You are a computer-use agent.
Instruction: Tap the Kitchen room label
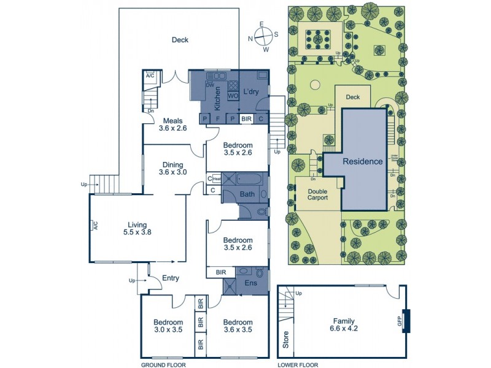(x=217, y=98)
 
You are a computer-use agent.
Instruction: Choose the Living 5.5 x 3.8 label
(x=137, y=228)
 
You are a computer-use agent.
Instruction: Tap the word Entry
(x=170, y=278)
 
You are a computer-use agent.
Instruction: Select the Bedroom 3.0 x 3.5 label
(x=168, y=326)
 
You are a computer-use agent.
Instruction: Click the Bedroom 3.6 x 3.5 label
(x=238, y=326)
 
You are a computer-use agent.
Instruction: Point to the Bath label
(x=247, y=194)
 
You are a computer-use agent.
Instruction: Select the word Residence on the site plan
(x=363, y=162)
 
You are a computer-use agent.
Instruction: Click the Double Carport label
(x=317, y=194)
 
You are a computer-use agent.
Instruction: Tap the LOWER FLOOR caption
(x=297, y=364)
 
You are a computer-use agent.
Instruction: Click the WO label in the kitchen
(x=233, y=96)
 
